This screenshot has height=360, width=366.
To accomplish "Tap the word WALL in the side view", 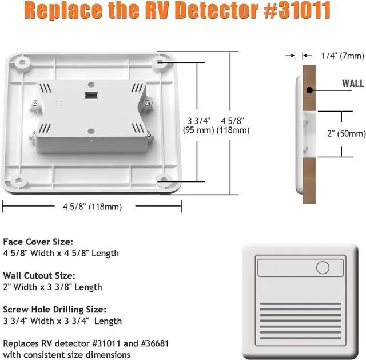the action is click(353, 84).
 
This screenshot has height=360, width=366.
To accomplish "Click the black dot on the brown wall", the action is click(309, 90).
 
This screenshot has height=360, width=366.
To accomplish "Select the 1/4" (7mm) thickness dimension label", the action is click(343, 56).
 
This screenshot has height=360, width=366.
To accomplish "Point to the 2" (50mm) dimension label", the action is click(346, 133).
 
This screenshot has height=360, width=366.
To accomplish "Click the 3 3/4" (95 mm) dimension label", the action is click(198, 125).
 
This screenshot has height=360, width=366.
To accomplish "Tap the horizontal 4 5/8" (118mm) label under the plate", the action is click(92, 207).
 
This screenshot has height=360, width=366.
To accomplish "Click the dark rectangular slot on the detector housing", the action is click(90, 95).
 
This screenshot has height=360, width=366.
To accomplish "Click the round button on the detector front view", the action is click(323, 267).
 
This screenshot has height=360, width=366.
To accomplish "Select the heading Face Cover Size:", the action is click(38, 242).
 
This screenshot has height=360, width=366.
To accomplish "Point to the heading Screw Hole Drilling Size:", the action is click(54, 310).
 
